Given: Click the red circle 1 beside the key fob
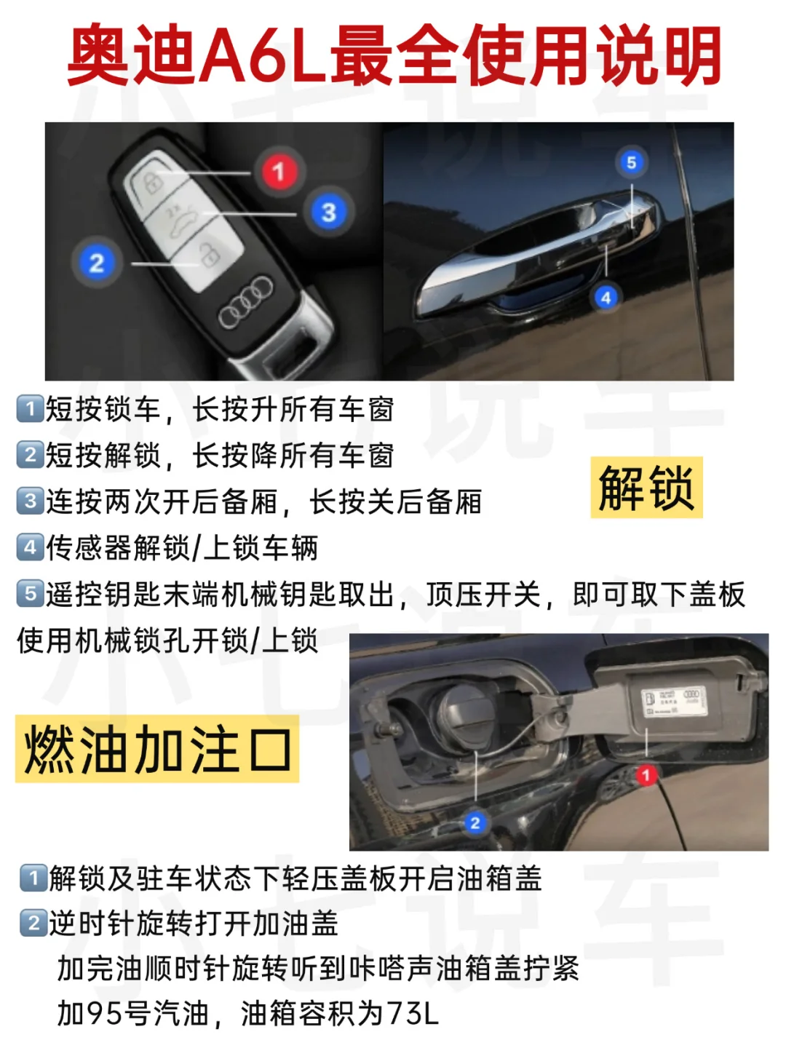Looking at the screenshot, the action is (x=279, y=172).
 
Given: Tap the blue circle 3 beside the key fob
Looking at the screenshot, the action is (x=328, y=212).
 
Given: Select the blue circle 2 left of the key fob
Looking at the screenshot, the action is (x=97, y=263).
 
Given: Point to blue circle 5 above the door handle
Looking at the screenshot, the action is (x=632, y=162).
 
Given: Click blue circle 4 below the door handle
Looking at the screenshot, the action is (x=606, y=298).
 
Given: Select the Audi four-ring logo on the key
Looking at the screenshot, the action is (x=246, y=303).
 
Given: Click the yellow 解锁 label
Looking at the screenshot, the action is (x=646, y=487).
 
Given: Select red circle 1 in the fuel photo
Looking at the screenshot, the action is (x=647, y=774).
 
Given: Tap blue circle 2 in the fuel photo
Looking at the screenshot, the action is (x=475, y=822).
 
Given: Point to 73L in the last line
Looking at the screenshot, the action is (x=413, y=1013).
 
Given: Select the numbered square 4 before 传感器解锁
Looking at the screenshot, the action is (x=30, y=547).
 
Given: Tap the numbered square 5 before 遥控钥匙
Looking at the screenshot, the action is (x=30, y=593).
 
